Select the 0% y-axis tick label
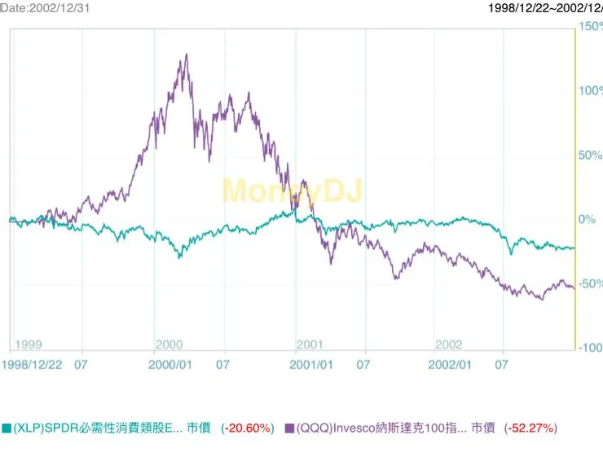pyautogui.click(x=587, y=219)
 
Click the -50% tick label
pyautogui.click(x=590, y=283)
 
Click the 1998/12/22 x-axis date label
pyautogui.click(x=32, y=365)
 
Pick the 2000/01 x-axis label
pyautogui.click(x=169, y=365)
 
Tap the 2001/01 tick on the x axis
pyautogui.click(x=311, y=365)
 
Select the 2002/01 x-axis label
pyautogui.click(x=450, y=365)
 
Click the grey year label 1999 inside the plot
pyautogui.click(x=28, y=345)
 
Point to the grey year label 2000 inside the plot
pyautogui.click(x=169, y=345)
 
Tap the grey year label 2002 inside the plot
pyautogui.click(x=449, y=345)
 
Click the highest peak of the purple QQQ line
pyautogui.click(x=187, y=55)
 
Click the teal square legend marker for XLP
pyautogui.click(x=7, y=428)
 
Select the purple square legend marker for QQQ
pyautogui.click(x=289, y=428)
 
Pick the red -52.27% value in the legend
pyautogui.click(x=530, y=428)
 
